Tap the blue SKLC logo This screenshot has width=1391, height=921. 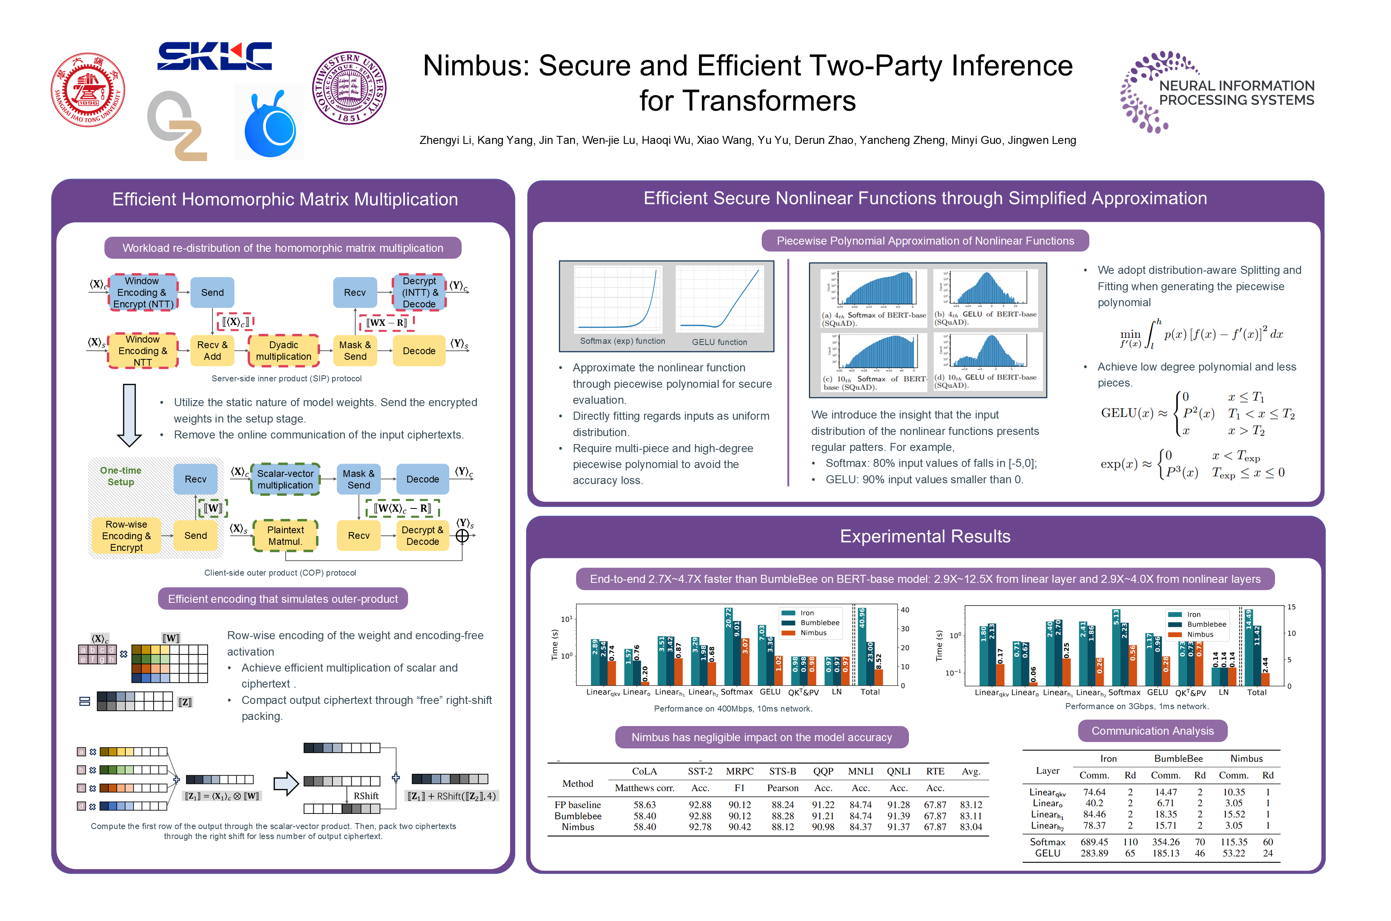(x=214, y=56)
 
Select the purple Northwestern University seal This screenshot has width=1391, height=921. (x=349, y=88)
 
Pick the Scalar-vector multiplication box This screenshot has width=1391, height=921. (x=285, y=479)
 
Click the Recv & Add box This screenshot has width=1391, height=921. (x=212, y=351)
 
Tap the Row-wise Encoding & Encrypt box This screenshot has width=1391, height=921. (x=126, y=536)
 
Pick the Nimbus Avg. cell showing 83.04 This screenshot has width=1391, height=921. (x=971, y=827)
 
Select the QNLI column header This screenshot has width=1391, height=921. (x=898, y=771)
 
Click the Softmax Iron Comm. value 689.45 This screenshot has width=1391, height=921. (x=1094, y=842)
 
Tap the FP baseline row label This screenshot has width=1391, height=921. (x=577, y=805)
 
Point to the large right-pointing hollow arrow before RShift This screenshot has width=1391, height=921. (x=286, y=783)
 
